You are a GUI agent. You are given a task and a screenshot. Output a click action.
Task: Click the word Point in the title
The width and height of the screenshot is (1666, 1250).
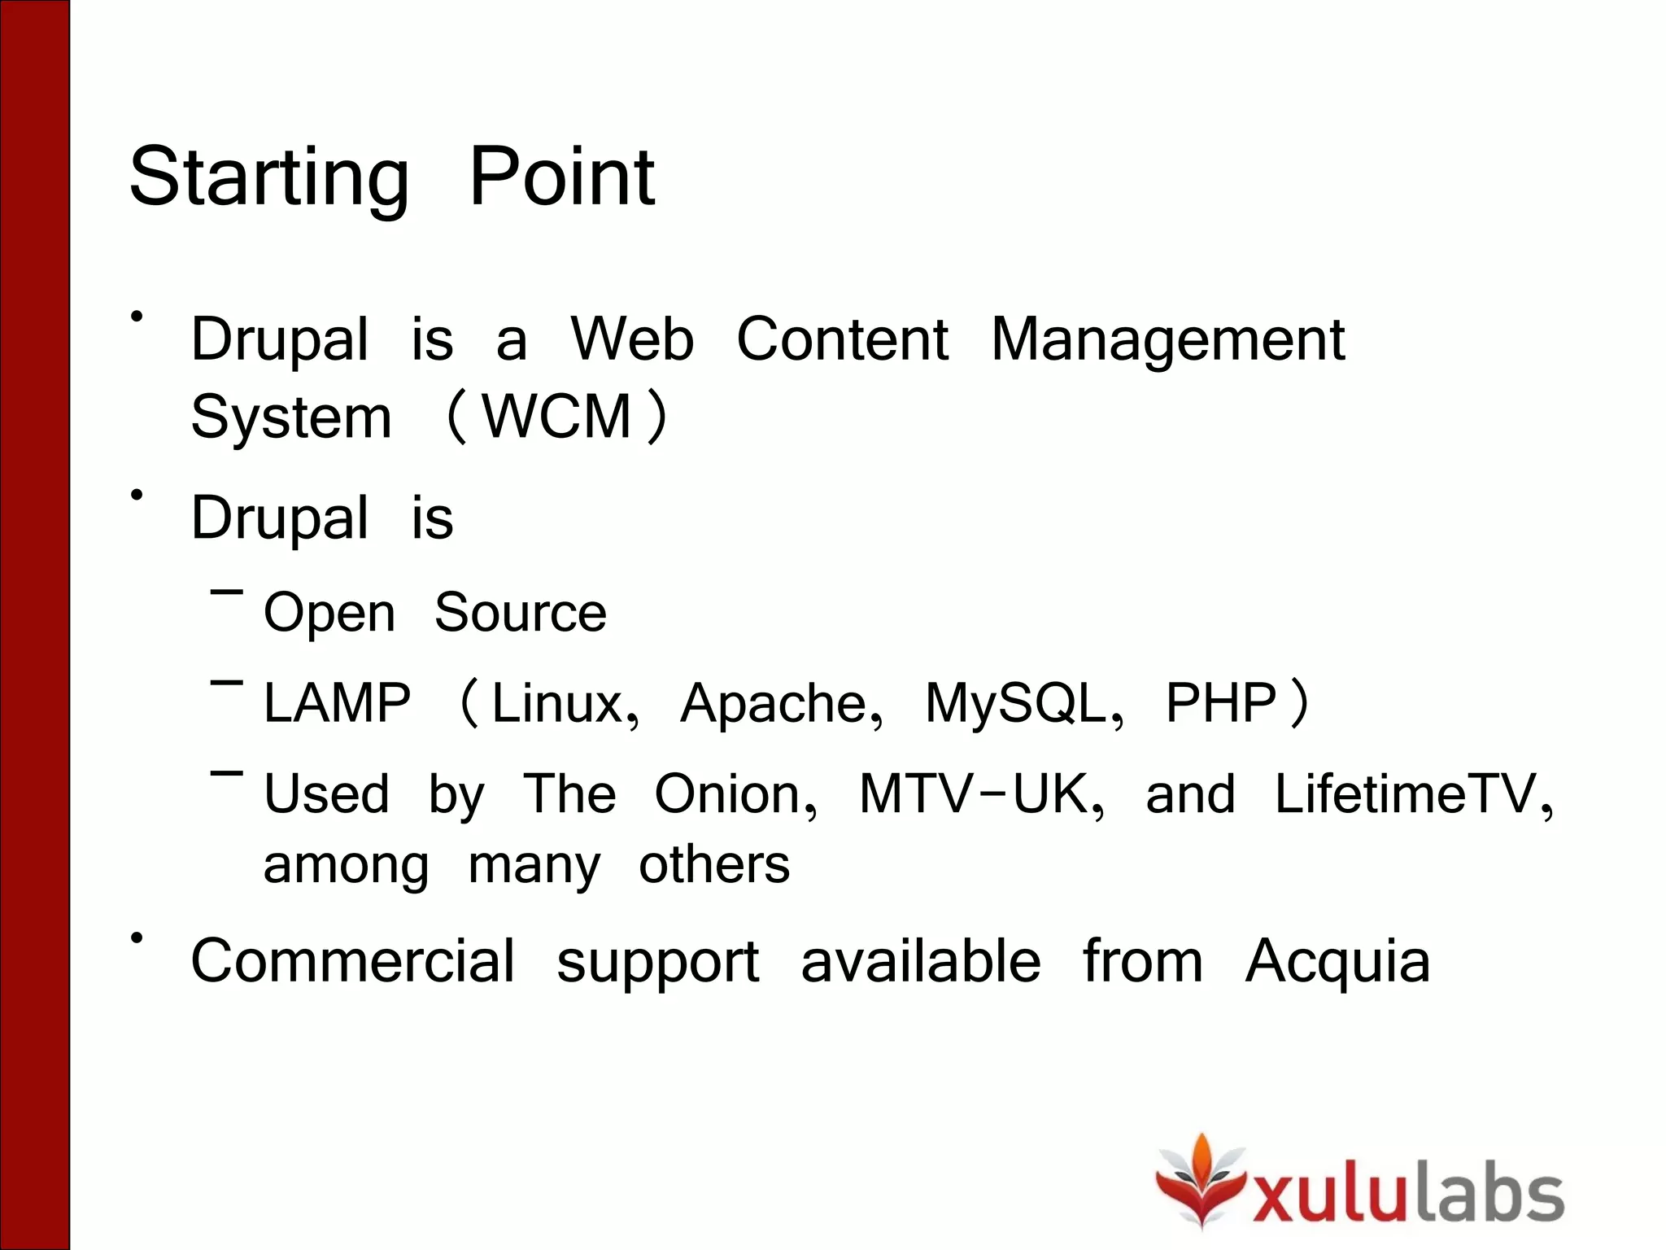(561, 177)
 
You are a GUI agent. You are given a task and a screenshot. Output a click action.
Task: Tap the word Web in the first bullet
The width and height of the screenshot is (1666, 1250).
(632, 339)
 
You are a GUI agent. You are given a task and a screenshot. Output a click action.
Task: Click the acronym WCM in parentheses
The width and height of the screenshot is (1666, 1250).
(557, 417)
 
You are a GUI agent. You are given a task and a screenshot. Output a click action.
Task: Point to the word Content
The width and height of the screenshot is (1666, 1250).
(842, 339)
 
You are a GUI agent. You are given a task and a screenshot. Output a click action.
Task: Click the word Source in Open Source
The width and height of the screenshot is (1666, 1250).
(521, 612)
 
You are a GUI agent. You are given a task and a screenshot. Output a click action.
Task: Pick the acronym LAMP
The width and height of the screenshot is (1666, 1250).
(337, 703)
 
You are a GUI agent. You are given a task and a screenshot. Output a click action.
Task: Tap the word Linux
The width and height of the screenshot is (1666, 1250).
(557, 703)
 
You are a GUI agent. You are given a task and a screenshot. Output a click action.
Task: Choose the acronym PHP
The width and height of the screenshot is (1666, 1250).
(1220, 703)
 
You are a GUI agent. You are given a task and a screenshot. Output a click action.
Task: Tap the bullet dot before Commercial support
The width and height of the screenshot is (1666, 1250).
(137, 938)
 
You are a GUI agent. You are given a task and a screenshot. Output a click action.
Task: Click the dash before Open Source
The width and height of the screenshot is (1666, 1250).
(226, 592)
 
